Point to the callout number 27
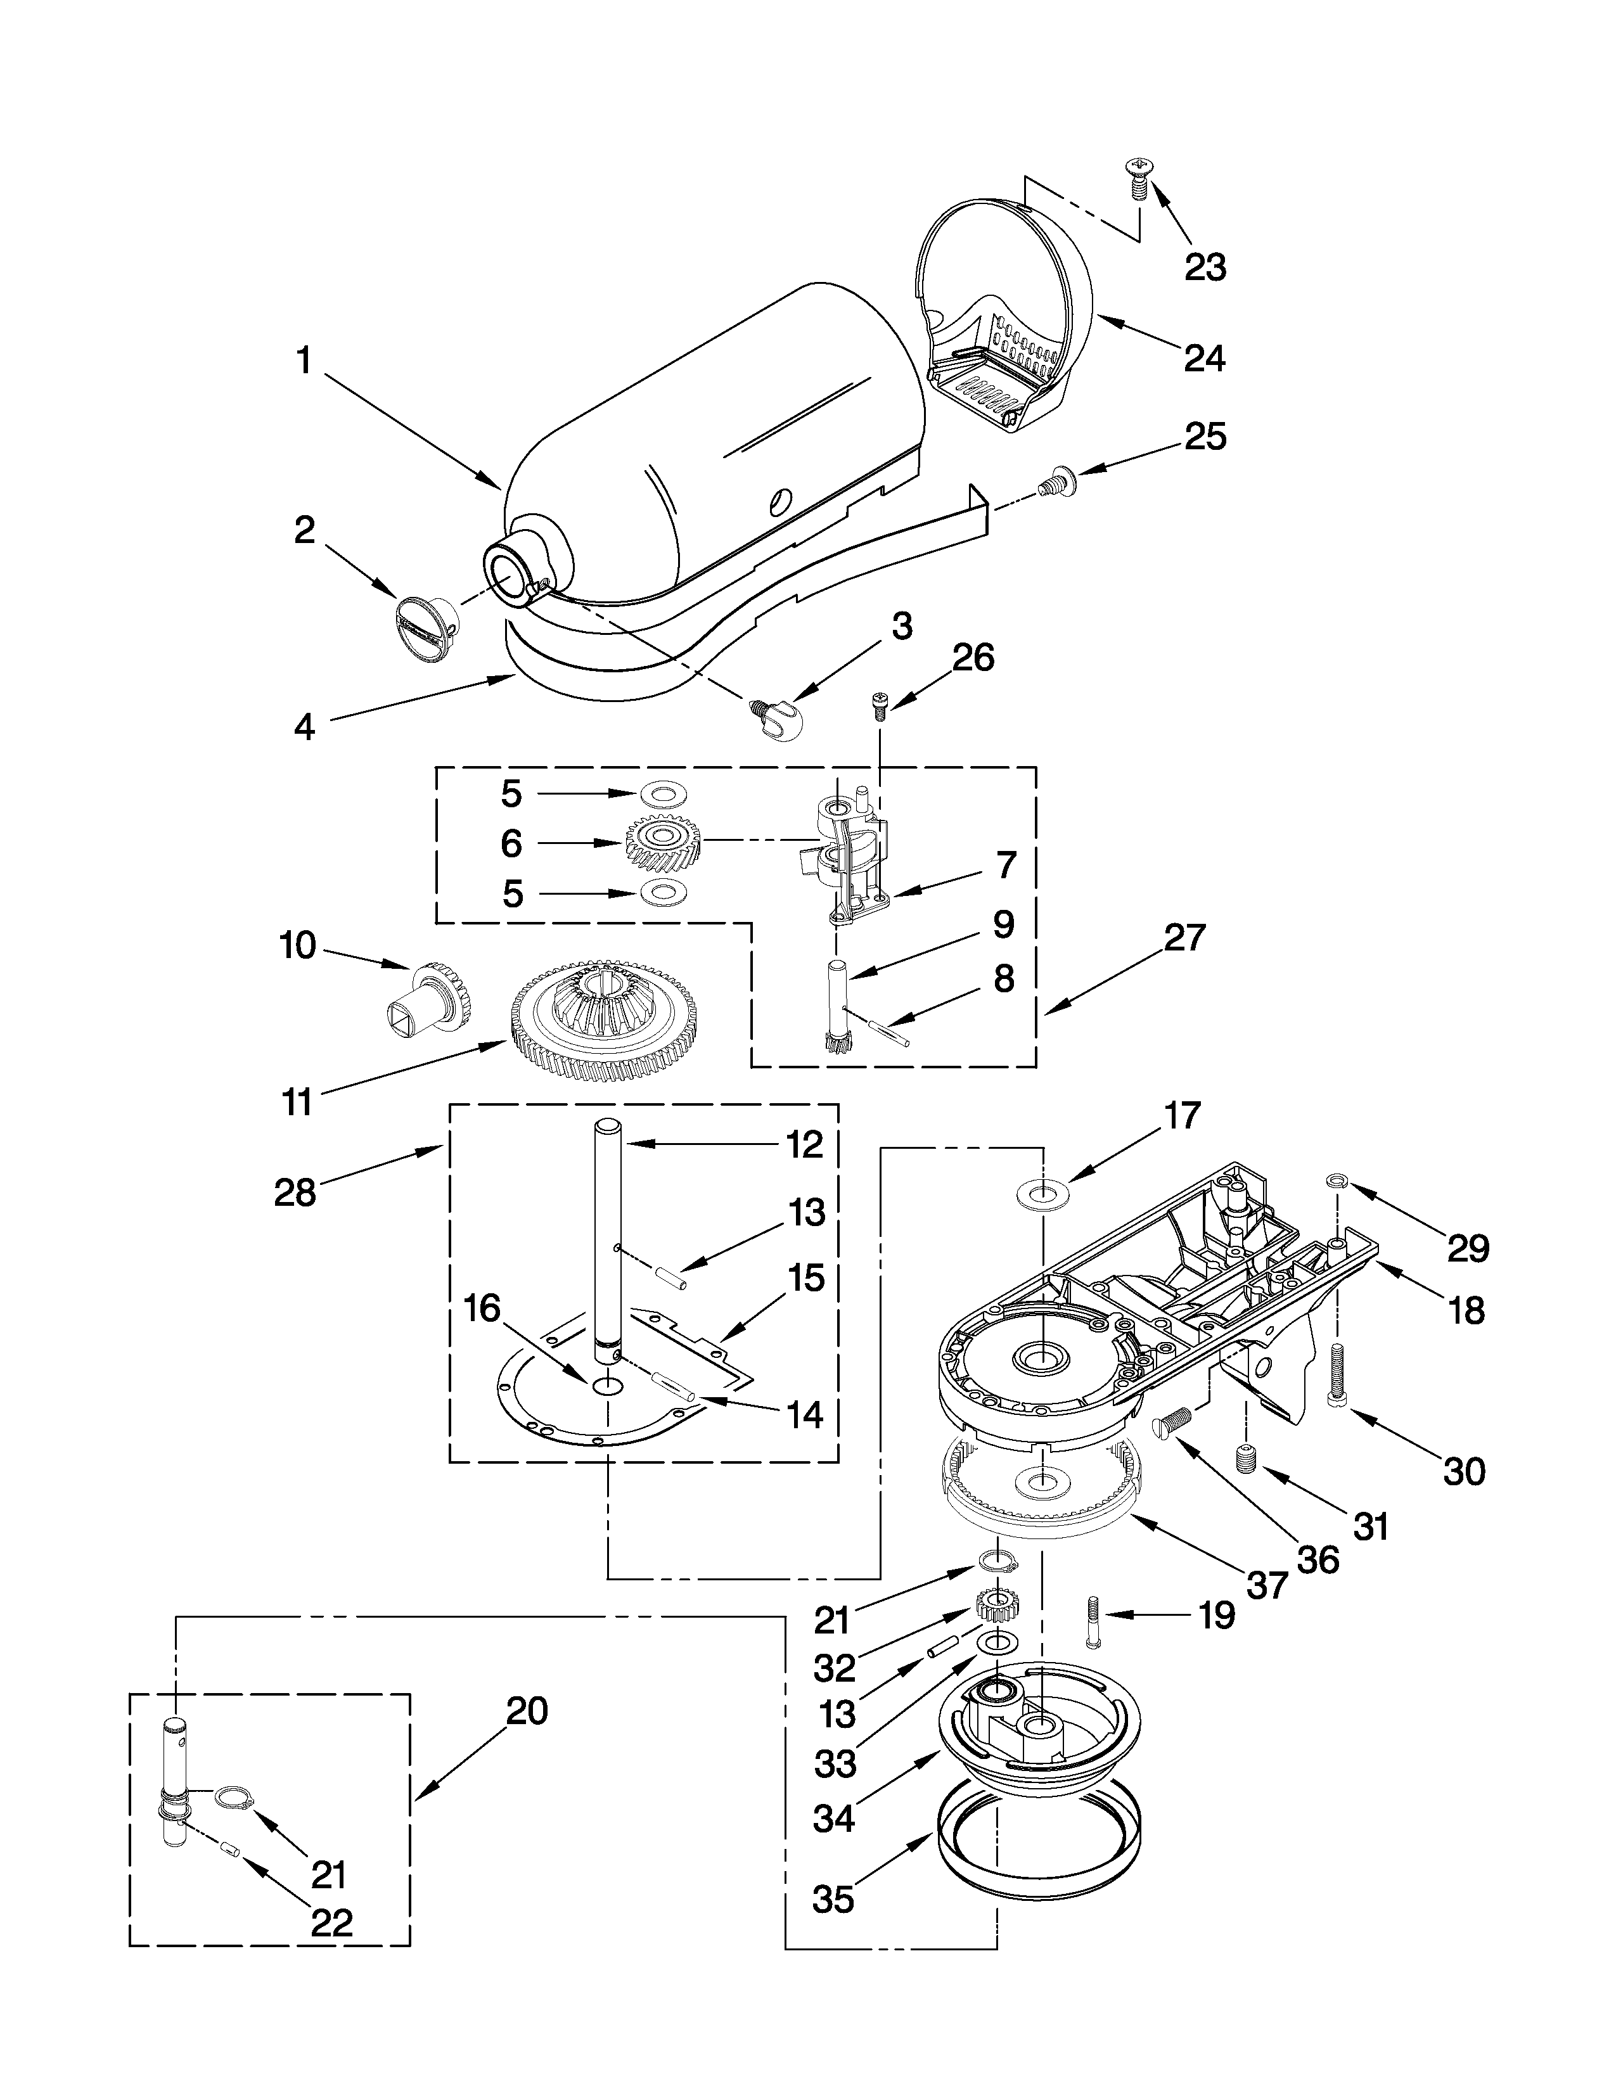coord(1184,937)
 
